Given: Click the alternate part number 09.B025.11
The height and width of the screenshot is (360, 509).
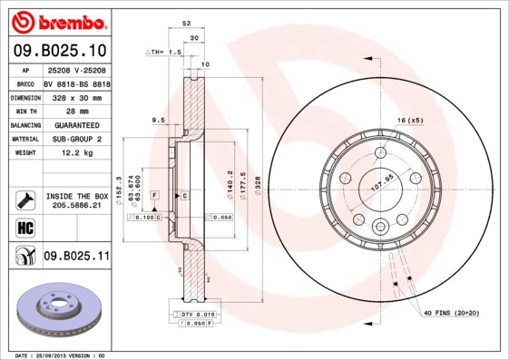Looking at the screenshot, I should [x=76, y=257].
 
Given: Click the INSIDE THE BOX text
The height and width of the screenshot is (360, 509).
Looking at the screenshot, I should [x=76, y=196].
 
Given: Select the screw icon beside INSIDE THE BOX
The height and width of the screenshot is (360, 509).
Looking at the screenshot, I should [x=23, y=199].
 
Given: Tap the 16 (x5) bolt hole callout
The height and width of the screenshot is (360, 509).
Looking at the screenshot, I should [x=409, y=121].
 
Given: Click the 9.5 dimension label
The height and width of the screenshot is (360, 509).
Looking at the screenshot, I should [x=158, y=120].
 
